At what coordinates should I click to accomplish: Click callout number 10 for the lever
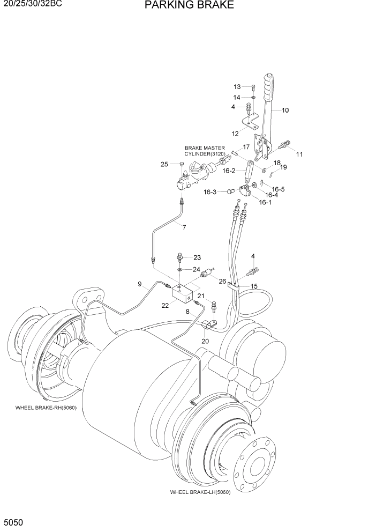tap(285, 110)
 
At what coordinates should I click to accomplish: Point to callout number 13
tap(237, 87)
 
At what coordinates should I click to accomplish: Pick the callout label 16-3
tap(210, 191)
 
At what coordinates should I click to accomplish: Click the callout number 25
tap(164, 164)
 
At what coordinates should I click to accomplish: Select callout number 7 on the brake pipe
tap(184, 227)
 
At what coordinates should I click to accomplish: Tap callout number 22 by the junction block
tap(165, 305)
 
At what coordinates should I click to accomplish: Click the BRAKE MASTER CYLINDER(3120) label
tap(205, 151)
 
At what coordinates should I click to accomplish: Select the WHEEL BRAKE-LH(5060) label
tap(200, 492)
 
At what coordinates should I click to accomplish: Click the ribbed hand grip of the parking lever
tap(268, 88)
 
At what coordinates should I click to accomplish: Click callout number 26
tap(222, 280)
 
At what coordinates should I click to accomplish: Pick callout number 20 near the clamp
tap(205, 342)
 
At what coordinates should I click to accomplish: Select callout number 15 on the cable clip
tap(254, 286)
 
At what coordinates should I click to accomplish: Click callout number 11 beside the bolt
tap(299, 154)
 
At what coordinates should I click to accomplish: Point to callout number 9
tap(140, 284)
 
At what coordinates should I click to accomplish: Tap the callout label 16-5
tap(278, 189)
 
